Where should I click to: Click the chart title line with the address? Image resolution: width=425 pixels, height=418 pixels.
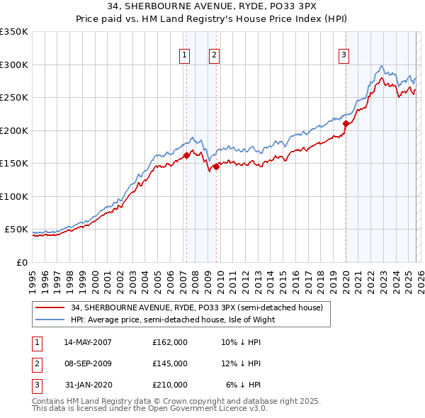[x=212, y=7]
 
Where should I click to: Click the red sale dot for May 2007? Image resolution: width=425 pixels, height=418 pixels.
[x=186, y=156]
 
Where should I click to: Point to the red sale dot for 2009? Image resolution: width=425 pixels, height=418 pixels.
[x=216, y=166]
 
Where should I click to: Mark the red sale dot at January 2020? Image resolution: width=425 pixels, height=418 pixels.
[x=346, y=124]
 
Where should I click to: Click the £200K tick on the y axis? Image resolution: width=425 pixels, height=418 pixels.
[x=14, y=130]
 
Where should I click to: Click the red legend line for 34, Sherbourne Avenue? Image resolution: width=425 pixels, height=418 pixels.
[x=50, y=307]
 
